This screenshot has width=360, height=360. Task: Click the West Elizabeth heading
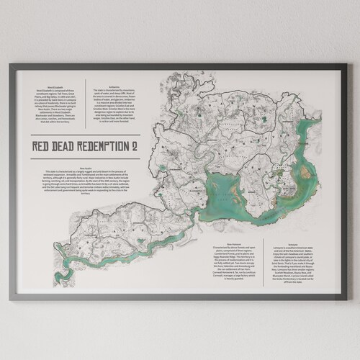click(x=52, y=84)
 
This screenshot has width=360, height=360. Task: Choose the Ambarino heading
click(x=114, y=84)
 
